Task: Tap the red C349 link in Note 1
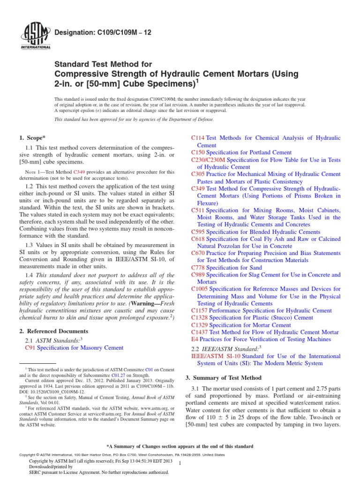point(80,172)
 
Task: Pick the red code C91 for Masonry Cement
point(30,348)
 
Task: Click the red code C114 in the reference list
point(198,138)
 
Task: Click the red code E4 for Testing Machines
point(195,339)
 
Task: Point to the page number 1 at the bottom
point(187,463)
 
